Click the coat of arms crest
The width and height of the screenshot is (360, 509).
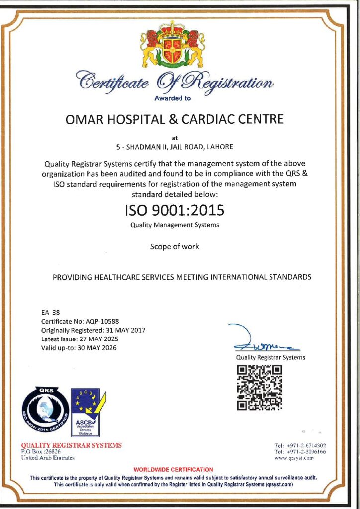173,45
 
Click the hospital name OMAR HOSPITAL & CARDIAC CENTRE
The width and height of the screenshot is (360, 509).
175,119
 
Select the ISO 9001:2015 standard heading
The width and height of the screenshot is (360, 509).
174,210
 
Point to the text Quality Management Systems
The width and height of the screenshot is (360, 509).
175,225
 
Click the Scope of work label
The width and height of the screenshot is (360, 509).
175,246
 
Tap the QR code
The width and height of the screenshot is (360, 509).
259,387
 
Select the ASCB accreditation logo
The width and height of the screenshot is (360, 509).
85,412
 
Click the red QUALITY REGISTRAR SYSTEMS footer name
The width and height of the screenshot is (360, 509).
71,445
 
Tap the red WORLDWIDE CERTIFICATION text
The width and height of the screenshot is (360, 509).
174,469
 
